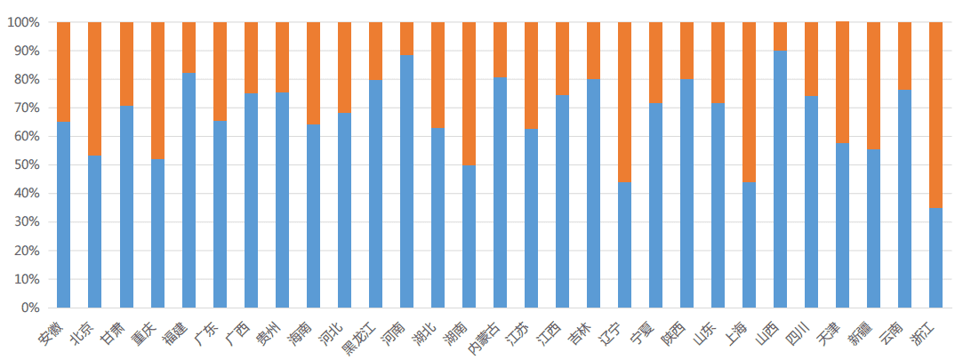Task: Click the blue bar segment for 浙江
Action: [935, 258]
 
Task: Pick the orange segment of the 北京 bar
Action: [95, 89]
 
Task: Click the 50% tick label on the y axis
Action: [25, 165]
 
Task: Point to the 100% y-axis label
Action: [22, 22]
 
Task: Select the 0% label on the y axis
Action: [28, 308]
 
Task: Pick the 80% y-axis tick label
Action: [25, 80]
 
